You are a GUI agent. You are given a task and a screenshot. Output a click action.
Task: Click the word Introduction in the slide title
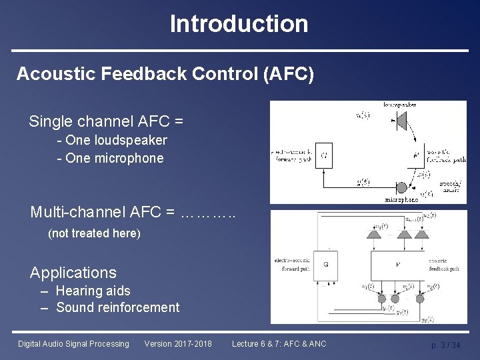239,24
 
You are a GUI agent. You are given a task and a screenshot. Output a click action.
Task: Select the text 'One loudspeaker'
116,141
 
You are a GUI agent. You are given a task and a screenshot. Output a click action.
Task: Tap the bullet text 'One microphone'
114,158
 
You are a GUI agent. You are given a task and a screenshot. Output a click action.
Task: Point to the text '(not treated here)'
94,234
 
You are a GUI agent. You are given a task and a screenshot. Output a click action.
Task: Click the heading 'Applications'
73,273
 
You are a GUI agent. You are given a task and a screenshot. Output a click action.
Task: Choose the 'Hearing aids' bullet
93,291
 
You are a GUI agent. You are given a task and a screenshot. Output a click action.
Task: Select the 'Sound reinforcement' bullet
118,307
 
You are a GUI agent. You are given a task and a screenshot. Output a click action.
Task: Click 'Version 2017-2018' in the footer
178,344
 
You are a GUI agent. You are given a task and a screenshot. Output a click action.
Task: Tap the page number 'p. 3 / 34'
445,345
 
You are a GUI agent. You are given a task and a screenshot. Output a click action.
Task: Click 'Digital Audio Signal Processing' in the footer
73,344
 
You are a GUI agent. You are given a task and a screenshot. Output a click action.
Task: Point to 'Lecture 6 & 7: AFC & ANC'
279,344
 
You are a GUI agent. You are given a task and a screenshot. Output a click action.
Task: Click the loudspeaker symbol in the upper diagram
401,119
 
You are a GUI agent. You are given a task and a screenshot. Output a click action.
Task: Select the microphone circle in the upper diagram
402,189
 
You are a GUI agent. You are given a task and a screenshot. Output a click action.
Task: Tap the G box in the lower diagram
325,264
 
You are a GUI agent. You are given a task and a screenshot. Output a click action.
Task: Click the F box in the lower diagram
397,264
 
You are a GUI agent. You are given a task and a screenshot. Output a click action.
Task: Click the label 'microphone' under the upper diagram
401,199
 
